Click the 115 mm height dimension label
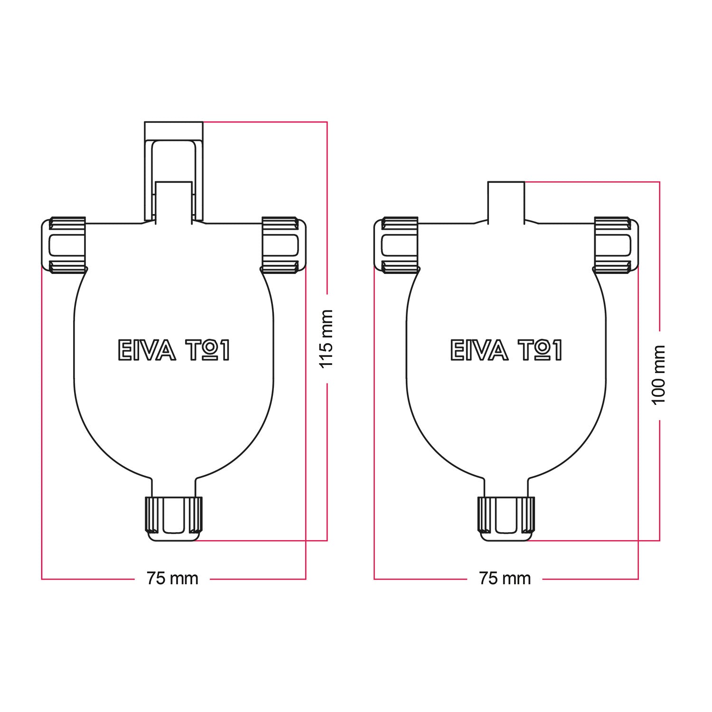(327, 339)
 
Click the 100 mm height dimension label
(659, 375)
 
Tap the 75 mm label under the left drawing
(172, 579)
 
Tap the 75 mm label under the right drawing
(505, 579)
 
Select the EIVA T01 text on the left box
(173, 350)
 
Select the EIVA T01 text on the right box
(506, 350)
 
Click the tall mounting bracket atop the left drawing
(174, 171)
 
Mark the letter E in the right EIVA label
(457, 350)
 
